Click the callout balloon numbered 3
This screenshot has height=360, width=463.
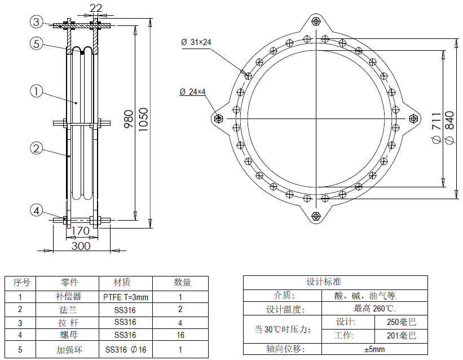coord(36,22)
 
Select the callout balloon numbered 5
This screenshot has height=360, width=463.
coord(36,44)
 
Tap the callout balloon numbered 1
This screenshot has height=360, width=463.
coord(36,91)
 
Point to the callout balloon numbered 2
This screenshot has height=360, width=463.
coord(36,148)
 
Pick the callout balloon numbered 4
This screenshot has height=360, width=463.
coord(36,210)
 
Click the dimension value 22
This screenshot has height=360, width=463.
coord(96,7)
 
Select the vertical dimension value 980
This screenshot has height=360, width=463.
coord(128,120)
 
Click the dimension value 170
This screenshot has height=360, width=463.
coord(81,231)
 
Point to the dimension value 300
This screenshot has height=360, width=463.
coord(81,245)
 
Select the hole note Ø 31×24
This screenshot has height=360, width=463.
coord(196,42)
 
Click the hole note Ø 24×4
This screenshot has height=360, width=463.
coord(193,91)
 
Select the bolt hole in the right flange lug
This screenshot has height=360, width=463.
coord(414,118)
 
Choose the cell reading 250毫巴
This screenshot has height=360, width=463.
coord(402,323)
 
